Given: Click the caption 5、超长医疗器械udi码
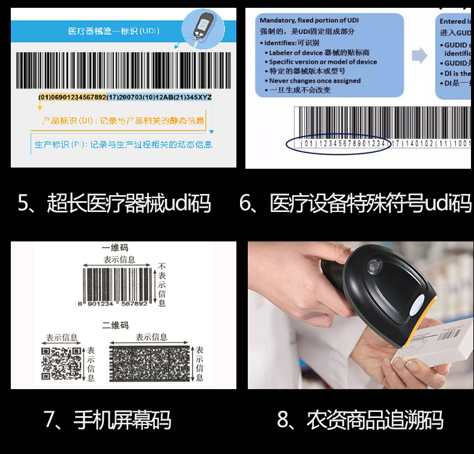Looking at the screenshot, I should pos(115,204).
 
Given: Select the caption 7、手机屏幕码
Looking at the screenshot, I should pos(107,419).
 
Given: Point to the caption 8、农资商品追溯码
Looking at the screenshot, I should pos(360,419).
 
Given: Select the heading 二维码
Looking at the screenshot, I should pos(115,325).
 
